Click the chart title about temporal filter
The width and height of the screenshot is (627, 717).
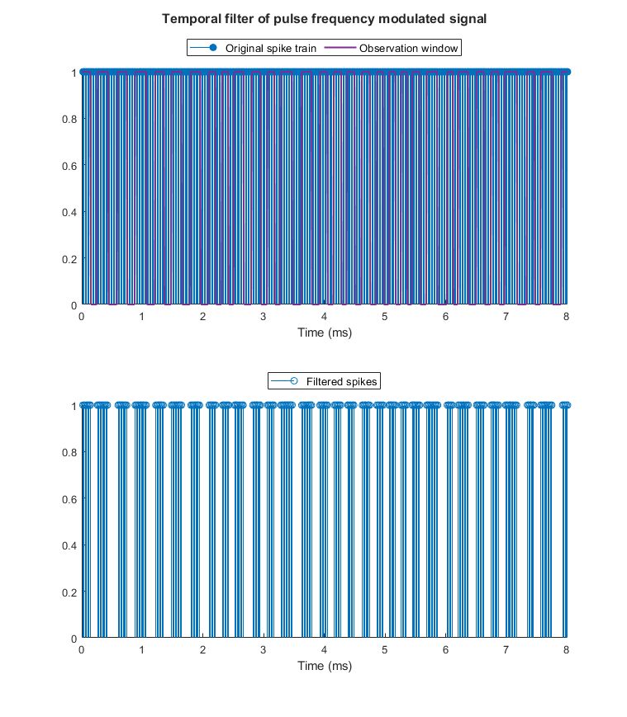pyautogui.click(x=324, y=17)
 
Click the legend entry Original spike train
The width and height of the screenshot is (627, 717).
pyautogui.click(x=270, y=49)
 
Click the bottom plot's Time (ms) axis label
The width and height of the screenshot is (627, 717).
pyautogui.click(x=324, y=666)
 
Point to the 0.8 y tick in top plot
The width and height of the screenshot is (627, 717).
pyautogui.click(x=69, y=119)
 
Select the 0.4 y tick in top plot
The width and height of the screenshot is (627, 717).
pyautogui.click(x=69, y=212)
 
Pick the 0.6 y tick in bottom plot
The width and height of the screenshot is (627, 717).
pyautogui.click(x=69, y=498)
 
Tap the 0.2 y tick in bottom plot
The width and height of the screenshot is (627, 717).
pyautogui.click(x=69, y=592)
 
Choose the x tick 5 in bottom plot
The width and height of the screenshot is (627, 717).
pyautogui.click(x=385, y=649)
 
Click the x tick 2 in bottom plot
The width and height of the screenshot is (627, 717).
pyautogui.click(x=202, y=649)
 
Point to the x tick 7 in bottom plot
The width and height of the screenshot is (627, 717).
pyautogui.click(x=506, y=649)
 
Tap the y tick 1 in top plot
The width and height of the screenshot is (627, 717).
pyautogui.click(x=74, y=73)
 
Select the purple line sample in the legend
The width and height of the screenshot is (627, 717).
pyautogui.click(x=342, y=49)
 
